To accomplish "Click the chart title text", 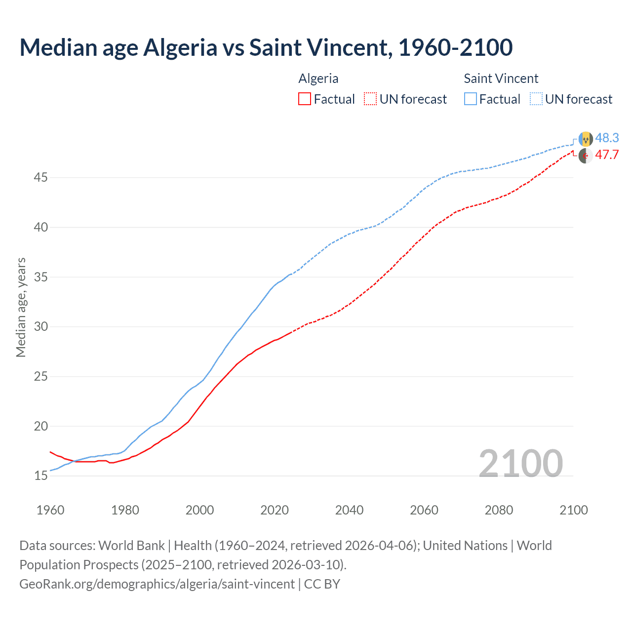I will (266, 47).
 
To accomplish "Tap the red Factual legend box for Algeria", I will (305, 99).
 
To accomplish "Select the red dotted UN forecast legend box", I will (370, 99).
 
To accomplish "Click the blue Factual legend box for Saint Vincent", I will (471, 99).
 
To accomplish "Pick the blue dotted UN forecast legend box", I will (536, 99).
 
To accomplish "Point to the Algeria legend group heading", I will (318, 79).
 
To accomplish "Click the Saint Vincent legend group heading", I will (501, 79).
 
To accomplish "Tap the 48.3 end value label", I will (607, 138).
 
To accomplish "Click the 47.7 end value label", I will (607, 155).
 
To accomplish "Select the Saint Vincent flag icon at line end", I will (586, 139).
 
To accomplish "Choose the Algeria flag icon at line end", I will (586, 156).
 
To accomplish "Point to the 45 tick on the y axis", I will (40, 177).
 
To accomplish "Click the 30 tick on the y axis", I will (40, 326).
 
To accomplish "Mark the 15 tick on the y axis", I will (40, 476).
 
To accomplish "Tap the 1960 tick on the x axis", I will (50, 510).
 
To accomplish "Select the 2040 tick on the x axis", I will (349, 510).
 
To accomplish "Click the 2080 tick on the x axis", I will (499, 510).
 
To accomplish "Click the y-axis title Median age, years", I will (21, 307).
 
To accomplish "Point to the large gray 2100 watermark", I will (520, 463).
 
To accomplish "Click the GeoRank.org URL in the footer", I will (157, 584).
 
